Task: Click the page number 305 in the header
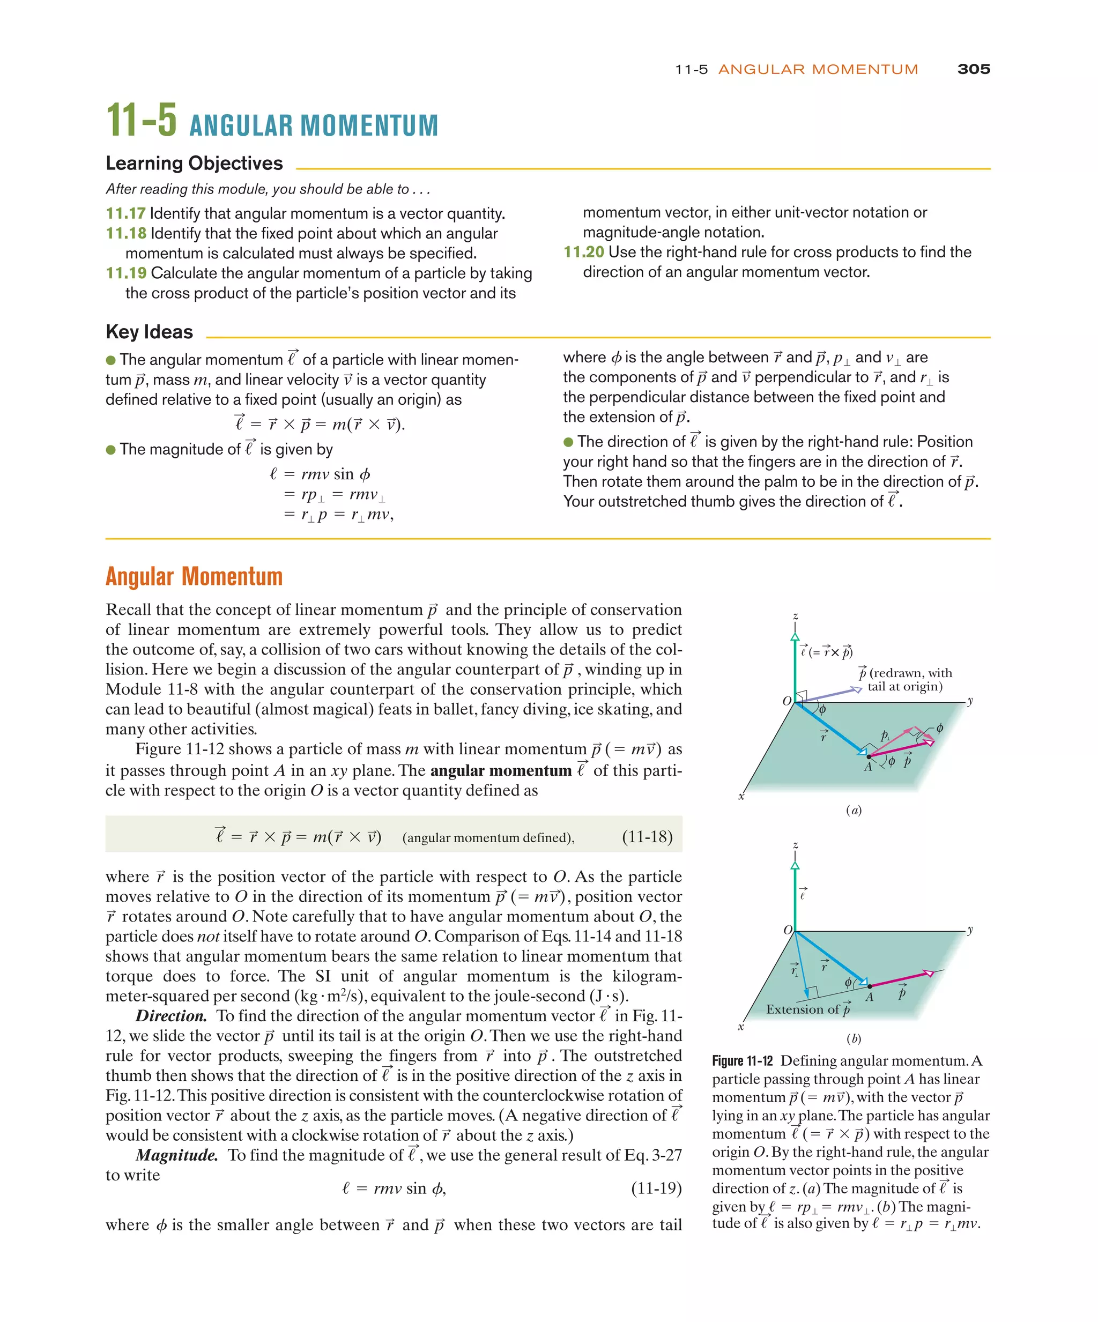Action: (x=973, y=69)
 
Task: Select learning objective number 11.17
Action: (x=125, y=214)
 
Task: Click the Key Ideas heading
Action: (x=149, y=332)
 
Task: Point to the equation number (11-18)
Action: (x=647, y=837)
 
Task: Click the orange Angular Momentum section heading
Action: (x=194, y=577)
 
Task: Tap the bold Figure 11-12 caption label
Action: (x=743, y=1061)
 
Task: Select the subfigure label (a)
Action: (x=853, y=810)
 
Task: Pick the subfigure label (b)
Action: (x=853, y=1039)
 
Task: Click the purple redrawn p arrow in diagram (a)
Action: (x=830, y=695)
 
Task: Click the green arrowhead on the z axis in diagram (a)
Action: (x=795, y=637)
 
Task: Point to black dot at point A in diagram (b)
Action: (x=870, y=986)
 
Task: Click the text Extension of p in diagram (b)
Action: (x=808, y=1010)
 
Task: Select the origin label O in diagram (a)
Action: (x=787, y=701)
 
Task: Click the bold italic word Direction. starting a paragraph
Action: (x=170, y=1016)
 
